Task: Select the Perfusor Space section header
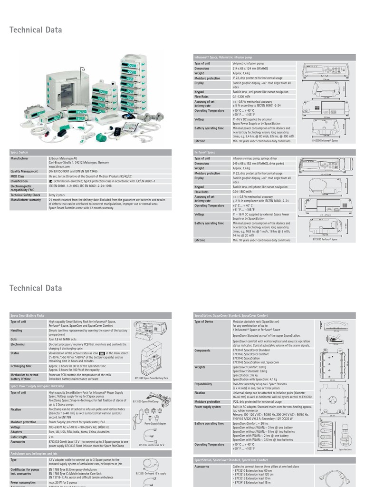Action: [205, 152]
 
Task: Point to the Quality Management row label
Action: [24, 171]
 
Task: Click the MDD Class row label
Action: [19, 176]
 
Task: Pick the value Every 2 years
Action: [57, 195]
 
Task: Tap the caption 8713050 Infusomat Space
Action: [325, 141]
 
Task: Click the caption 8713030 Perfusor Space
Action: [325, 239]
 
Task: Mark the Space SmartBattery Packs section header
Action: [28, 315]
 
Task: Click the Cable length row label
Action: [19, 437]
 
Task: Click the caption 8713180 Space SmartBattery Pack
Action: [152, 378]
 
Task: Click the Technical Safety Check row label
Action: [26, 195]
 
